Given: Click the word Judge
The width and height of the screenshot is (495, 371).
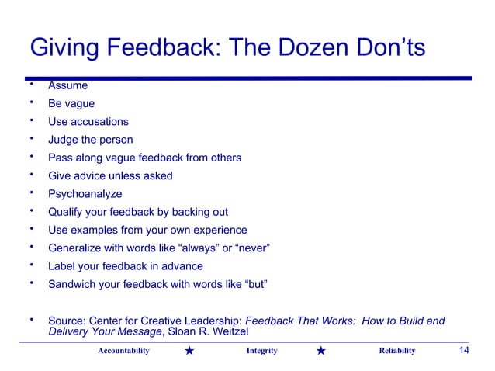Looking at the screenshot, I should click(64, 140).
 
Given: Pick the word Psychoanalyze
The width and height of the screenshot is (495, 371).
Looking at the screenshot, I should click(85, 194).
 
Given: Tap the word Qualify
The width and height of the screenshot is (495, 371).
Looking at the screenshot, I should click(67, 212).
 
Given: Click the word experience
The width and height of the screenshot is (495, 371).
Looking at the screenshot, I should click(219, 230).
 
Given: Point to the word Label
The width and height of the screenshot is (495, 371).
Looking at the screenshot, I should click(62, 266).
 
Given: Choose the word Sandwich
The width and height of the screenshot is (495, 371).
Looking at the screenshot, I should click(74, 284).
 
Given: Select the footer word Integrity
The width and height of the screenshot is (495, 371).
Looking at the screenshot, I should click(261, 352).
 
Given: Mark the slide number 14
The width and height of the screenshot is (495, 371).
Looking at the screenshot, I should click(464, 351).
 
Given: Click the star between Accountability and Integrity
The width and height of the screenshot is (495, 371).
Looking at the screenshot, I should click(190, 352).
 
